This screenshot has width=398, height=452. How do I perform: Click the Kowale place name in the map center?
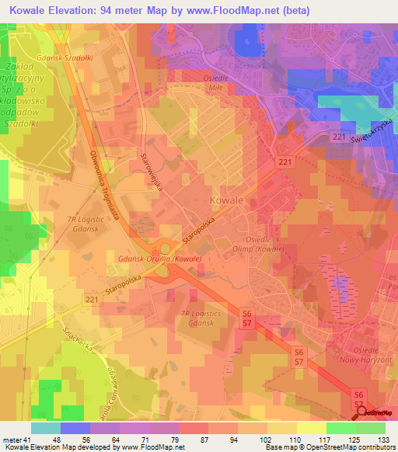[226, 200]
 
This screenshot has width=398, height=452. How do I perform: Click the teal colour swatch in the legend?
[45, 428]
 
